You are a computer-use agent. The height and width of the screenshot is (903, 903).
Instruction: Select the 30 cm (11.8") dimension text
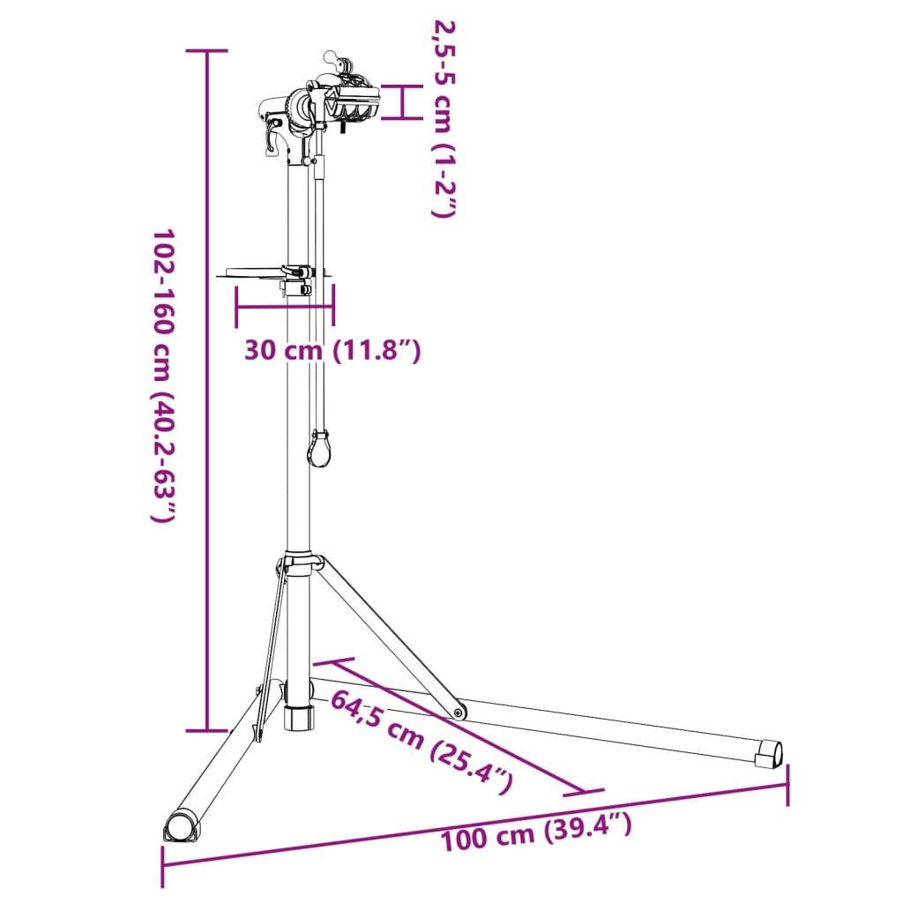[x=332, y=351]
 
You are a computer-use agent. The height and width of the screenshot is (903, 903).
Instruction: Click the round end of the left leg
[x=182, y=827]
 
